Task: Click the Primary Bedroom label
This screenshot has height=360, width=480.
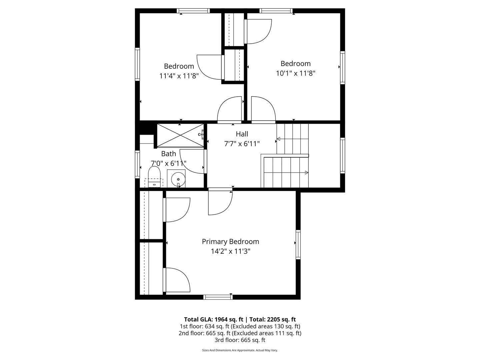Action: (x=230, y=242)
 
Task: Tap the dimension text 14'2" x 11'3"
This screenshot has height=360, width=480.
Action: (x=230, y=251)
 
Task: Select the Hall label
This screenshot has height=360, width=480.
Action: (x=242, y=134)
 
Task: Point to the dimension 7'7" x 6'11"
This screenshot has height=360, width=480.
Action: (x=242, y=144)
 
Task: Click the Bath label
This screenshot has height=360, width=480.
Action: (x=169, y=154)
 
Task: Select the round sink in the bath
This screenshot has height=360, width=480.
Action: (x=178, y=179)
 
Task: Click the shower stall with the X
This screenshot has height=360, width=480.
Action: (x=180, y=135)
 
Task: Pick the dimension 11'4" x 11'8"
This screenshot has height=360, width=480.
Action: (x=179, y=76)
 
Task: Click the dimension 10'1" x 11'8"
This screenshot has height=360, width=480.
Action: (x=296, y=73)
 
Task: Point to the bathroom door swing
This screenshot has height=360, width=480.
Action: (x=192, y=161)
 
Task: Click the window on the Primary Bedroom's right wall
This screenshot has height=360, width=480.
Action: (x=298, y=244)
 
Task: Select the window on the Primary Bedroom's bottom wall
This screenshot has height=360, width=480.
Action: (x=218, y=297)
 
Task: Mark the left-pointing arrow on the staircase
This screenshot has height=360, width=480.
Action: (x=279, y=139)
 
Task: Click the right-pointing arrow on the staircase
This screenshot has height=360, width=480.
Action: (x=306, y=172)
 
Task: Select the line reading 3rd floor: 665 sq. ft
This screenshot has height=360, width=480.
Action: (x=240, y=340)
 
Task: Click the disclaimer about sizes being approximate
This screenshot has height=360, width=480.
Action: (x=240, y=350)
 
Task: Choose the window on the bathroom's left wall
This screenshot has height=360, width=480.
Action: (x=137, y=164)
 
